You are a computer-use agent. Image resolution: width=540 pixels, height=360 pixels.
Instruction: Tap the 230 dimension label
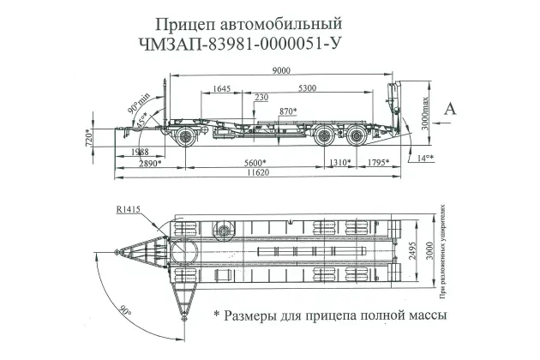pyautogui.click(x=261, y=99)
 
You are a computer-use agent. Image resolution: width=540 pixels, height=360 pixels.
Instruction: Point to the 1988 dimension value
pyautogui.click(x=135, y=151)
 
